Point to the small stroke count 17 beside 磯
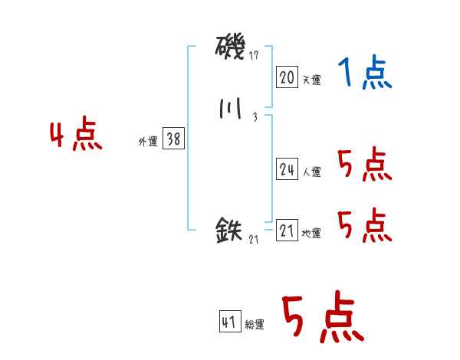point(255,56)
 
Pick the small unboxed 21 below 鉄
point(254,239)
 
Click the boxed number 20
point(287,77)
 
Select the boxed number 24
point(287,170)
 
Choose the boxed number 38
point(173,139)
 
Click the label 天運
point(311,79)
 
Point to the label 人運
point(311,172)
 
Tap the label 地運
point(311,234)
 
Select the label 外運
point(147,142)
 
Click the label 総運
point(255,325)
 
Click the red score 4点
point(75,136)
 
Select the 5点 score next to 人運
point(364,165)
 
